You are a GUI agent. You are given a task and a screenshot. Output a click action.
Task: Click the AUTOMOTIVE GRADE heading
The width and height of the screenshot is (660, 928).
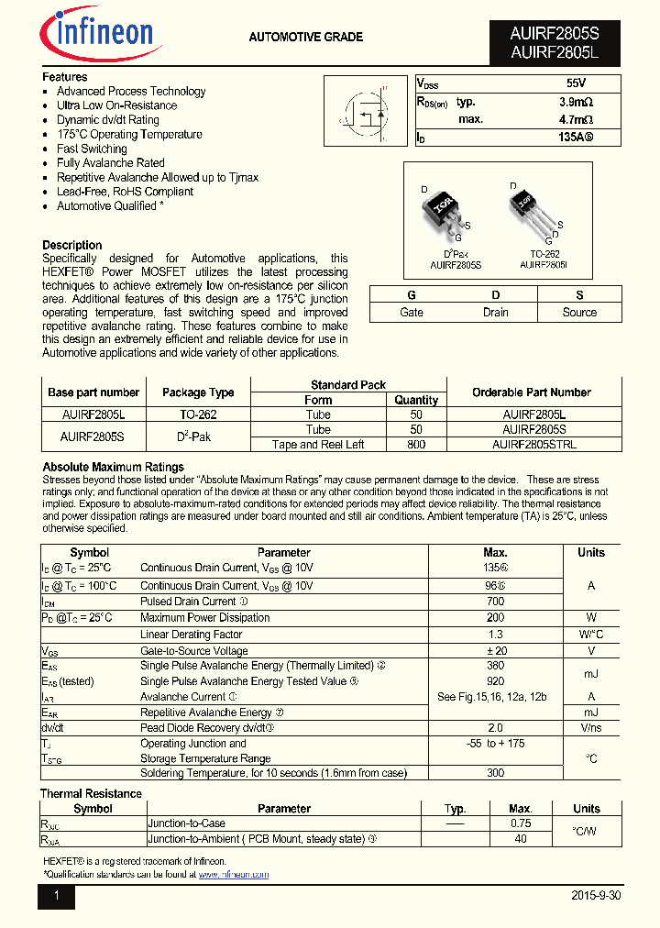click(305, 38)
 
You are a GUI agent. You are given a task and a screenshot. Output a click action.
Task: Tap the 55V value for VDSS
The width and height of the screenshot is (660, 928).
click(576, 83)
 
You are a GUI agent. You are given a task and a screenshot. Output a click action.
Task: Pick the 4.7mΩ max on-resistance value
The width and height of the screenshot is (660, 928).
click(576, 119)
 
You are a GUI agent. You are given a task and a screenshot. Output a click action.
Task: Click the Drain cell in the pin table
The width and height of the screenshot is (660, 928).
click(495, 313)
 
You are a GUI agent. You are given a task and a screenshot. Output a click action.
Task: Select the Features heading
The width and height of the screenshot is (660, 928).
click(65, 77)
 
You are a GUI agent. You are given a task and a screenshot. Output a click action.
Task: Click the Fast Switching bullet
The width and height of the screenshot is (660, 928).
click(92, 149)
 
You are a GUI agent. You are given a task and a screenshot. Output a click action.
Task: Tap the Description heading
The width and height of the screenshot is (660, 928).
click(72, 245)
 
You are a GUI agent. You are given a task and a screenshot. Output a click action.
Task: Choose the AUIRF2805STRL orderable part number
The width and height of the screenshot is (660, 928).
click(533, 445)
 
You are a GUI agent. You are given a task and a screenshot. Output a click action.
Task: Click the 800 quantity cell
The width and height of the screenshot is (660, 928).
click(416, 445)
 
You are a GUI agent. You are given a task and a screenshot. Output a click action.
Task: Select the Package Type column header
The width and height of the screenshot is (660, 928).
click(198, 392)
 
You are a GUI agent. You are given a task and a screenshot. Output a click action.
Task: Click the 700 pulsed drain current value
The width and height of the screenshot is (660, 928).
click(495, 602)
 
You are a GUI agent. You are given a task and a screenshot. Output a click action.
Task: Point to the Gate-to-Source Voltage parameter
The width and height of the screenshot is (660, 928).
click(193, 650)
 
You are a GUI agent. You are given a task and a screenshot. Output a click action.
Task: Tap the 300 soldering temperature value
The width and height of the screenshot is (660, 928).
click(495, 773)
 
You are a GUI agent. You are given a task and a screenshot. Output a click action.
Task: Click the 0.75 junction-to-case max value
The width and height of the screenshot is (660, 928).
click(520, 823)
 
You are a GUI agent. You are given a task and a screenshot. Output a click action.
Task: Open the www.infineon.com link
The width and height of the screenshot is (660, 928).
click(233, 875)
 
